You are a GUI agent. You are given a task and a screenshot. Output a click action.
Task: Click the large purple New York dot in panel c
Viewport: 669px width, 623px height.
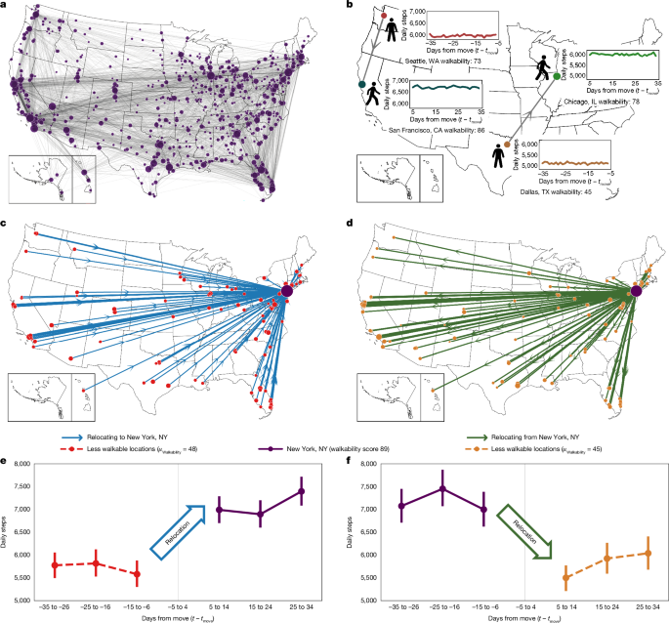point(287,291)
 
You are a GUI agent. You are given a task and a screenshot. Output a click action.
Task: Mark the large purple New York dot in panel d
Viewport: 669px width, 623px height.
point(637,291)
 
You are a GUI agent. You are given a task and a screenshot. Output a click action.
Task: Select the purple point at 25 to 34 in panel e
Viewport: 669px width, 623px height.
point(302,491)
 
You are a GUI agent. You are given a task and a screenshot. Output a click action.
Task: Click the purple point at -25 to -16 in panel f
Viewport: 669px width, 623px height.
point(442,488)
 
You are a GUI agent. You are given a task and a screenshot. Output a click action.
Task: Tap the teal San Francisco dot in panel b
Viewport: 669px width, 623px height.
point(363,86)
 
